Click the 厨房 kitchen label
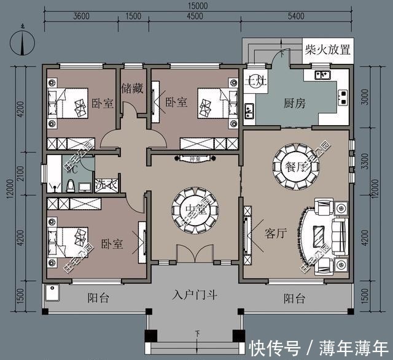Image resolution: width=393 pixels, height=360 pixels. tap(294, 103)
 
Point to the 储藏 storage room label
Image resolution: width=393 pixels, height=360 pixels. tap(132, 88)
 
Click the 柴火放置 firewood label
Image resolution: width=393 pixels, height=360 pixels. tap(329, 48)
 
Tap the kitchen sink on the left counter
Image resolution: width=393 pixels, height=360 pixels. tap(250, 111)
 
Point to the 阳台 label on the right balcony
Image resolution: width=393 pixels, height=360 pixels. tap(295, 299)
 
